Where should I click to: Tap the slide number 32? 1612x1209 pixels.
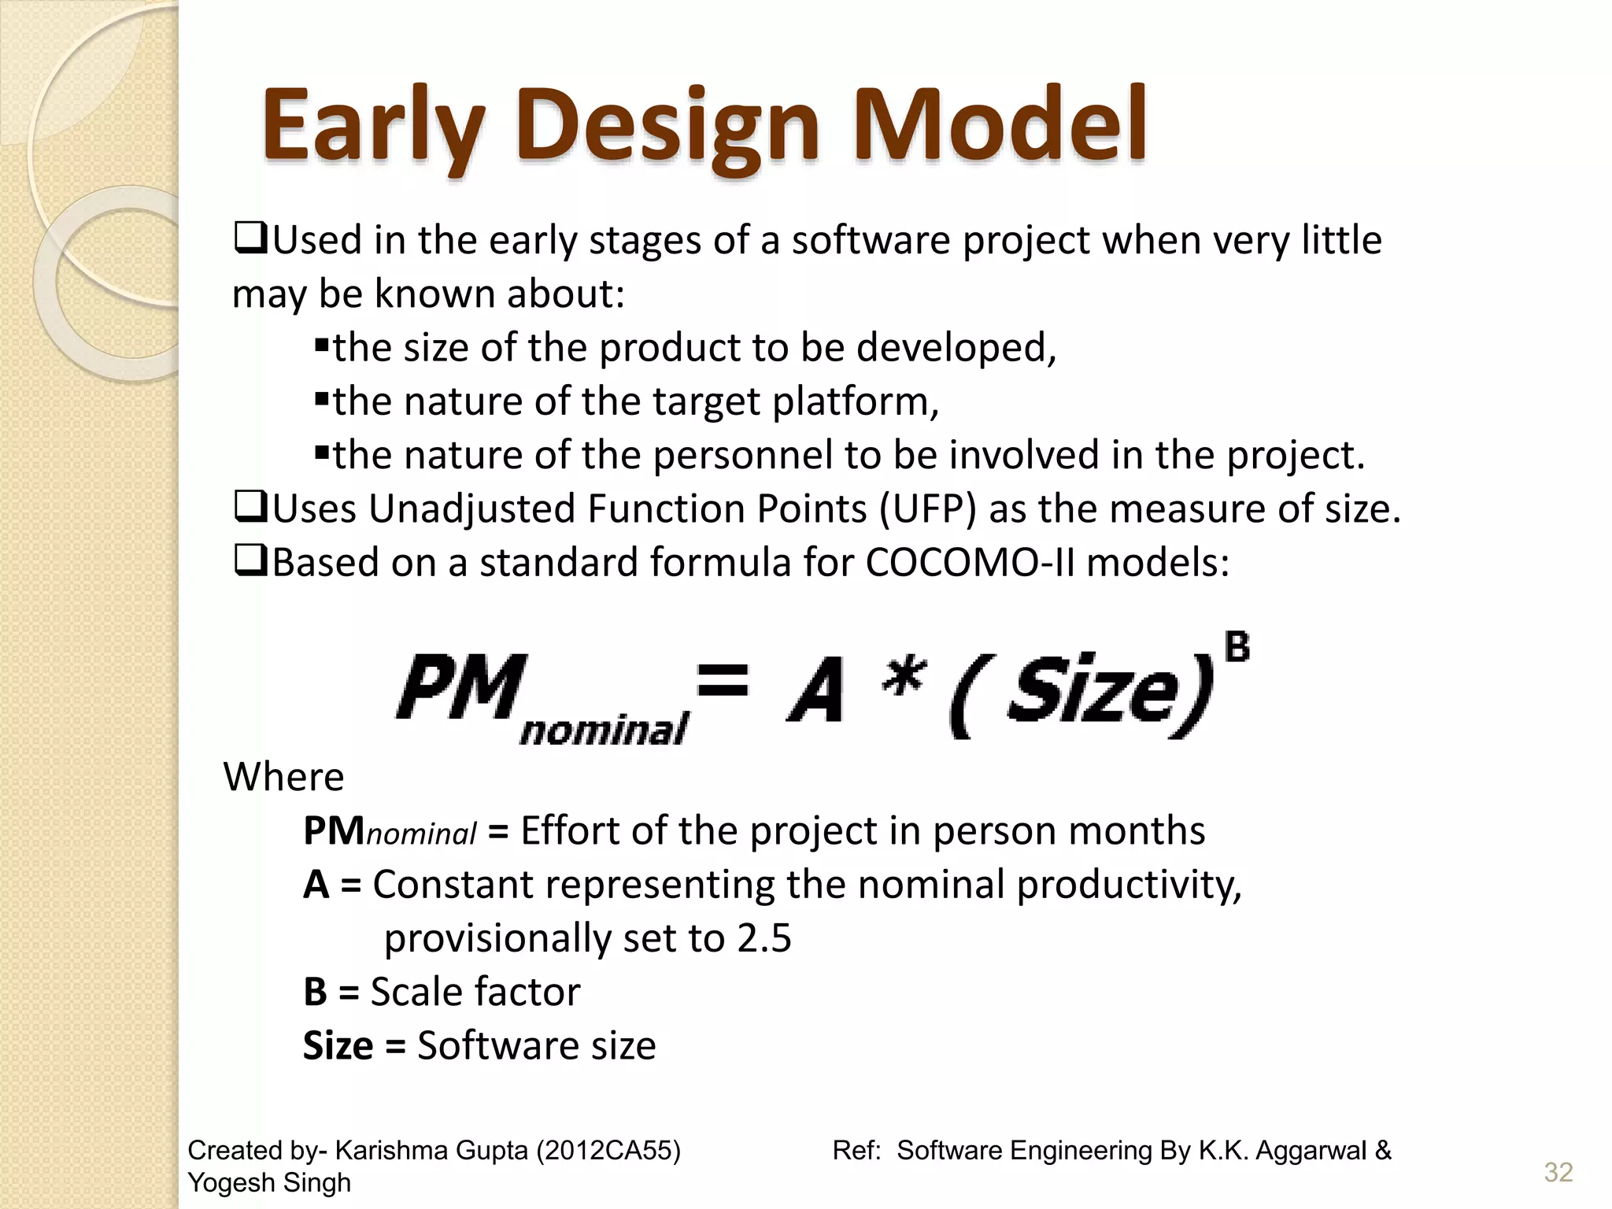click(x=1558, y=1172)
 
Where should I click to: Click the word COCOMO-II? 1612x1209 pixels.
click(x=970, y=563)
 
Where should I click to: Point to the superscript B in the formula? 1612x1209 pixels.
click(x=1237, y=648)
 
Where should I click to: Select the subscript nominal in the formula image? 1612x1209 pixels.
click(x=604, y=730)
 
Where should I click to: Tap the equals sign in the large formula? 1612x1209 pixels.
click(x=722, y=681)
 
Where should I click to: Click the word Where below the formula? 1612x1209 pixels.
click(x=283, y=777)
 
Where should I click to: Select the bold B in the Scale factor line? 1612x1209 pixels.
click(x=315, y=992)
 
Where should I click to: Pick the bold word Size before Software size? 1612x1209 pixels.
click(x=338, y=1046)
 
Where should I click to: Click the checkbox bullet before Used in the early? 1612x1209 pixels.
click(x=251, y=238)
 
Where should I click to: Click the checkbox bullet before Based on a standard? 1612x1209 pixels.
click(x=251, y=561)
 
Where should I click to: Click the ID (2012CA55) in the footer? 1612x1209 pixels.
click(x=608, y=1151)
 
